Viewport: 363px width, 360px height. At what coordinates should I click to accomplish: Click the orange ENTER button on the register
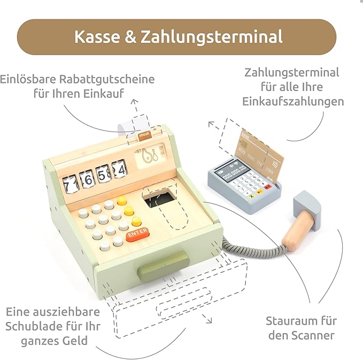tap(137, 234)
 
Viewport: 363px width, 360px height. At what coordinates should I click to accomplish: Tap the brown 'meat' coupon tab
tap(145, 135)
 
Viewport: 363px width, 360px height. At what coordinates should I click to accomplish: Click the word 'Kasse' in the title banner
tap(97, 36)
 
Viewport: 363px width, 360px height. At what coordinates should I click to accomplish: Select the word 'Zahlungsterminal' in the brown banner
tap(212, 36)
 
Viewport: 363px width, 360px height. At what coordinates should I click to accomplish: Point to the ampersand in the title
tap(130, 36)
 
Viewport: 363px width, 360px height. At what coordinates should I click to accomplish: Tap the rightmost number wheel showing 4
tap(119, 170)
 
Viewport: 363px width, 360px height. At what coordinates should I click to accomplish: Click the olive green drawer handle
tap(164, 266)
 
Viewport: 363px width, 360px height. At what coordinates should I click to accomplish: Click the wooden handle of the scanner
tap(299, 232)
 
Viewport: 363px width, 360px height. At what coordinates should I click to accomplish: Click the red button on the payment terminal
tap(268, 186)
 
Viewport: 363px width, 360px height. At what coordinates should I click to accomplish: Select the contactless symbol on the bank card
tap(275, 164)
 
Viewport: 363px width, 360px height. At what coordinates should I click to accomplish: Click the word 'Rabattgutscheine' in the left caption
tap(107, 79)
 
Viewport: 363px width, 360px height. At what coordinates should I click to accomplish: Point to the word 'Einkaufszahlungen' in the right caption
tap(293, 102)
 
